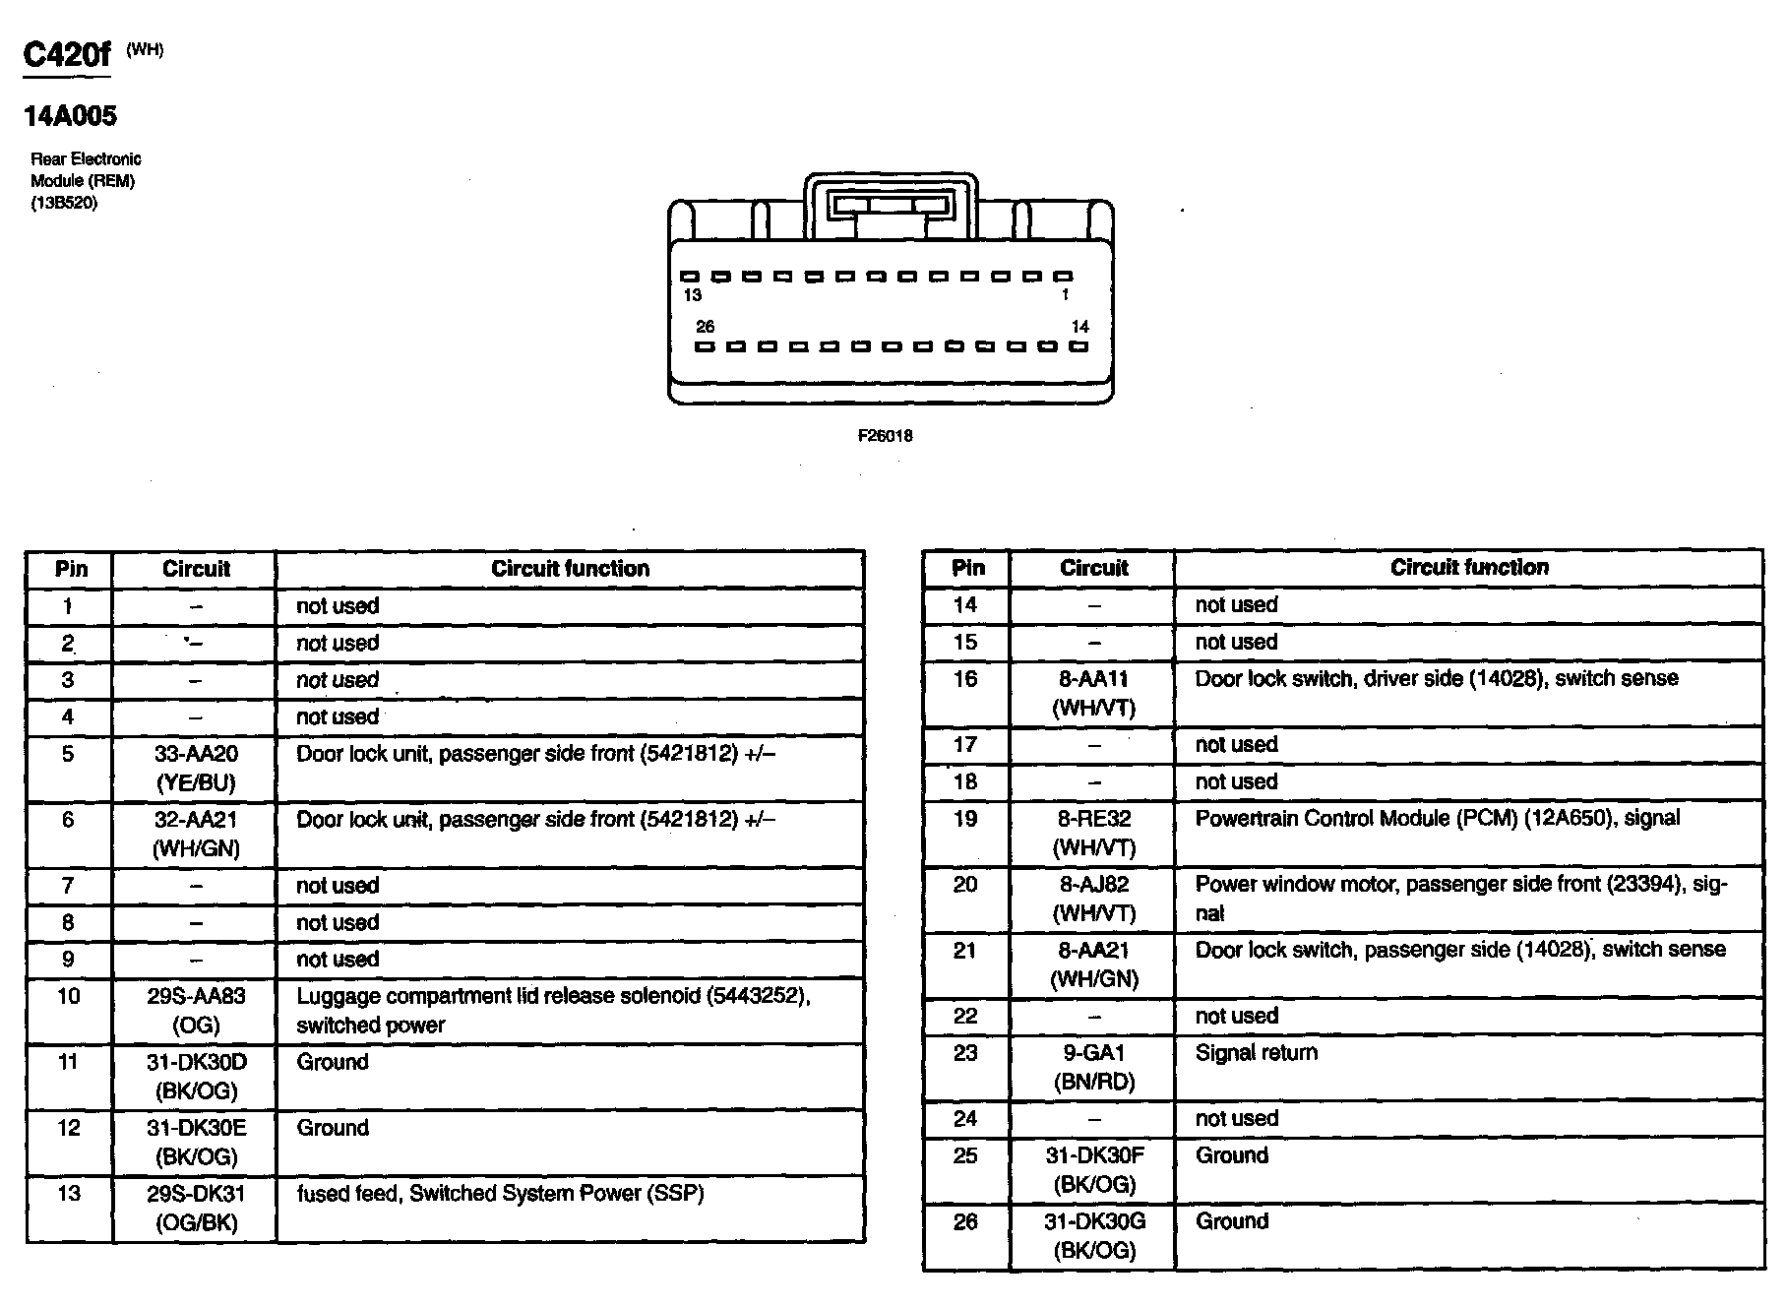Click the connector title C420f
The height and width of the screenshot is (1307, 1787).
pos(67,54)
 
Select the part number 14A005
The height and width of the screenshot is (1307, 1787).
pos(70,116)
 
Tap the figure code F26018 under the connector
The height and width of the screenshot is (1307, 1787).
pos(885,436)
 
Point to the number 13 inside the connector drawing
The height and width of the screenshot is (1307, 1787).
pos(692,294)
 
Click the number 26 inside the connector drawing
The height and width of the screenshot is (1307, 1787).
pos(705,327)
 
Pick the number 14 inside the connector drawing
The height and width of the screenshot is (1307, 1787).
pos(1079,327)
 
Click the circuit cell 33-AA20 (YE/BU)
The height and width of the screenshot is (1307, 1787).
pos(196,769)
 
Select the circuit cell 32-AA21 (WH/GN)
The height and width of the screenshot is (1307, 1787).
pos(196,835)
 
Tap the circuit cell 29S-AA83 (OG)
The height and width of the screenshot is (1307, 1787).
pos(196,1011)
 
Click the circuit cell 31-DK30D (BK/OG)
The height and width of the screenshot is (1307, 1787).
pos(196,1077)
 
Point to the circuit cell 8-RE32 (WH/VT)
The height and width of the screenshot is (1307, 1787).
pos(1093,833)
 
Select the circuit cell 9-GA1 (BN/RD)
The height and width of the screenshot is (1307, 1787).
pos(1093,1068)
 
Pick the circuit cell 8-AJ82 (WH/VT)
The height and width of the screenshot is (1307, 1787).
pos(1093,899)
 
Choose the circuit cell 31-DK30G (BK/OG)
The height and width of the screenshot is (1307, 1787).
pos(1093,1236)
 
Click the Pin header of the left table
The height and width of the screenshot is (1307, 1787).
pos(71,569)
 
